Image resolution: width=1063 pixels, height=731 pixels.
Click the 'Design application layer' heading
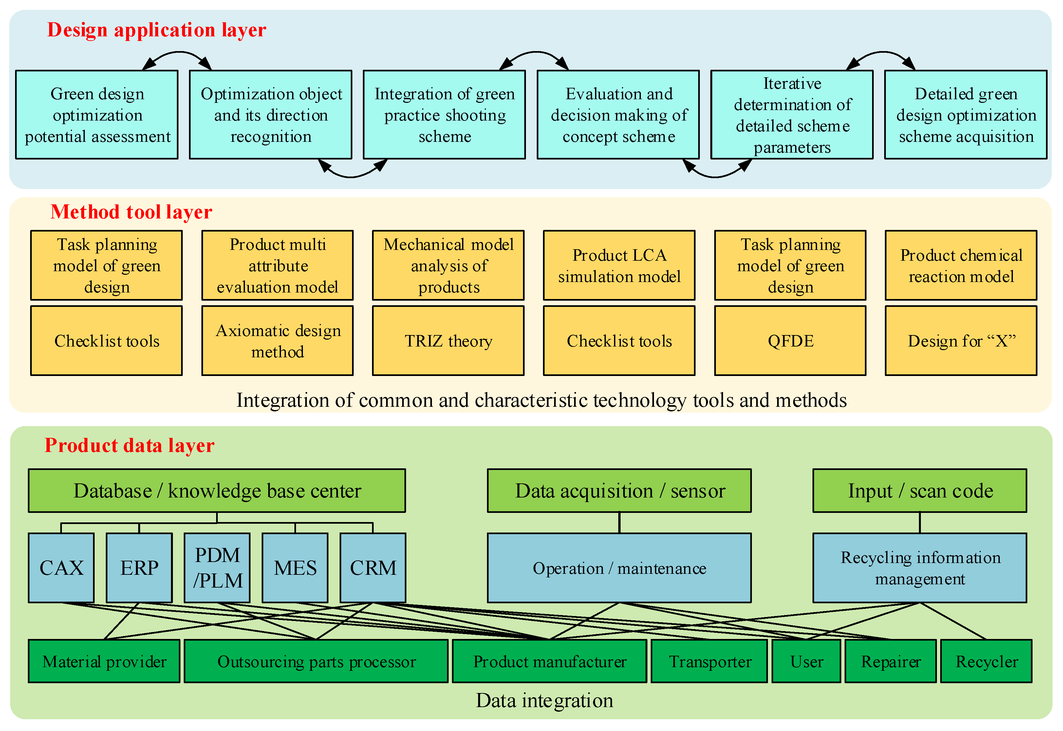coord(156,30)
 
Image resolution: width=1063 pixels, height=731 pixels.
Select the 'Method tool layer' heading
coord(131,212)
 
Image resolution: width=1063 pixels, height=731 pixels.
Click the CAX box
coord(61,568)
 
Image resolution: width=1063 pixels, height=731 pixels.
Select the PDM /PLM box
coord(217,568)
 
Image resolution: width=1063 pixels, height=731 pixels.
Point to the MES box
coord(295,568)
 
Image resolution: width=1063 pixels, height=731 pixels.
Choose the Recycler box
coord(986,661)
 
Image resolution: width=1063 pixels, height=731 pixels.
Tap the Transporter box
coord(709,661)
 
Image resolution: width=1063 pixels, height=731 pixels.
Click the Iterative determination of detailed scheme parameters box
coord(792,115)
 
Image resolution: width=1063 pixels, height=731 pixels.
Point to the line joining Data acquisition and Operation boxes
coord(619,523)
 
